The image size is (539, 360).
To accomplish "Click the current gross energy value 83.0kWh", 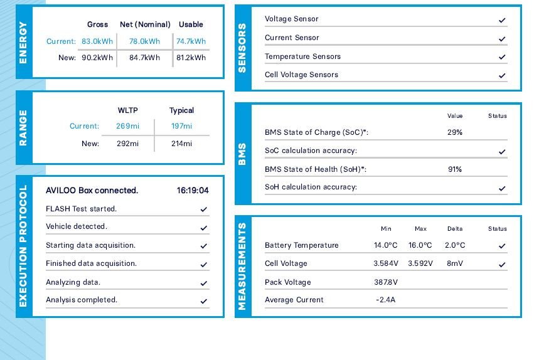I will click(97, 41).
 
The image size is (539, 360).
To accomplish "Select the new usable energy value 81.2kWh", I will click(191, 58).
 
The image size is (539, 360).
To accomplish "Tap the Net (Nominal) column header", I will click(145, 24).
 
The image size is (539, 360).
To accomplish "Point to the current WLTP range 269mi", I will click(127, 126).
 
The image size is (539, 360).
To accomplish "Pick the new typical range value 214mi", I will click(181, 144).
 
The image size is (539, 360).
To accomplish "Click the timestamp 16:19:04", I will click(193, 191).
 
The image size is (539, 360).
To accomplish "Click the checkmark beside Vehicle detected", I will click(203, 228).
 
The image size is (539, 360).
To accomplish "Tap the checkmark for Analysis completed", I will click(203, 301).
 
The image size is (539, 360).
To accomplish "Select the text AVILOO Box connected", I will click(92, 191).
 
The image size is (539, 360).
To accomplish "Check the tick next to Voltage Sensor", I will click(502, 20).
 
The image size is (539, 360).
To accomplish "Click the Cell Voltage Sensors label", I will click(301, 75).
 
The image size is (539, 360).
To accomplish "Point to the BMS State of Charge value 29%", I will click(454, 132).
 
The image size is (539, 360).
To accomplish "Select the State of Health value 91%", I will click(454, 169).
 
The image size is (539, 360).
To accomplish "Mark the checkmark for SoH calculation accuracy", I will click(502, 188).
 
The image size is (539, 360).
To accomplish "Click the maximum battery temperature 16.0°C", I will click(420, 245).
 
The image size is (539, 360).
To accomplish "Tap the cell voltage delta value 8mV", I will click(455, 263).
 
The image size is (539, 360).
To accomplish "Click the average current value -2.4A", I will click(385, 300).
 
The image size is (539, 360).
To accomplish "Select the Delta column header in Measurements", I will click(455, 229).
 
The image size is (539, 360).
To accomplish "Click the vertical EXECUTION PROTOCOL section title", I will click(24, 246).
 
